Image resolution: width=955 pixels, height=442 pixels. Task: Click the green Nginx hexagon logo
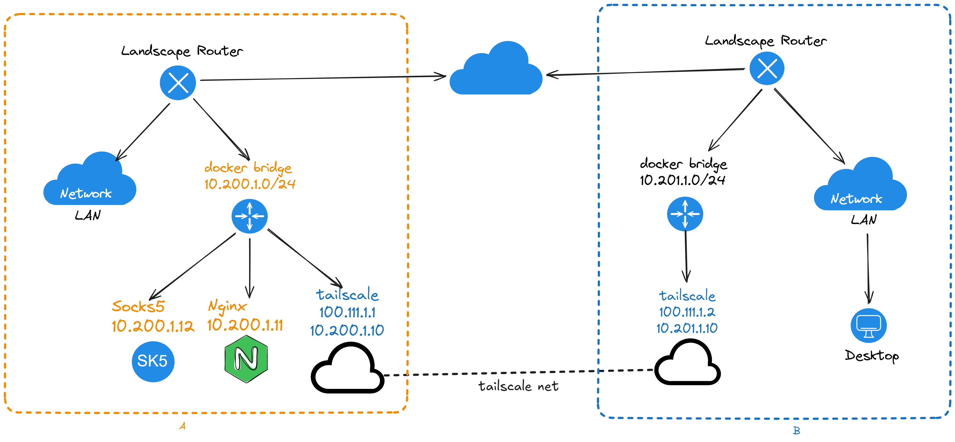point(246,359)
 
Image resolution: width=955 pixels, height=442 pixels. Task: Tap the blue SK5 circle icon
point(153,361)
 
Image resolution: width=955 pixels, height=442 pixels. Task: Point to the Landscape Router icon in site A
point(178,83)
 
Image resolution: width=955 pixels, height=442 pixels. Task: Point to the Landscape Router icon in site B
point(767,68)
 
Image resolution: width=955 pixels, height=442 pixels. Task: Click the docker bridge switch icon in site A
point(249,216)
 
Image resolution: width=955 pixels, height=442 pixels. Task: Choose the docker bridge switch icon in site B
point(685,214)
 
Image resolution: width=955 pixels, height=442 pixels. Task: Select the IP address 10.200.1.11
point(245,325)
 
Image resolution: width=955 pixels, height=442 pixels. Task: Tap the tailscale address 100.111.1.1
point(347,312)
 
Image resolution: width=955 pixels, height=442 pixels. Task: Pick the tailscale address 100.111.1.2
point(687,312)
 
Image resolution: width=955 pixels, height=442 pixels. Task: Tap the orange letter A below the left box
point(182,426)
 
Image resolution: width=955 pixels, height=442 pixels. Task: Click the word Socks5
point(138,306)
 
